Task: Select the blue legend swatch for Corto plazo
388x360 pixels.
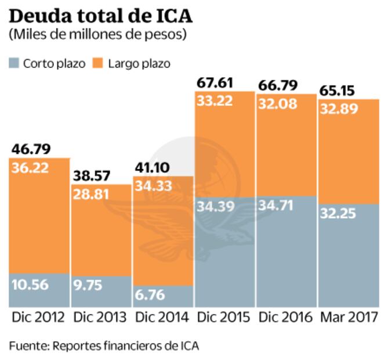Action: (x=14, y=63)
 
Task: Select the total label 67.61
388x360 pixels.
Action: (x=217, y=83)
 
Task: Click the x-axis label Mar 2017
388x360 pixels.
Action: (x=349, y=318)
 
